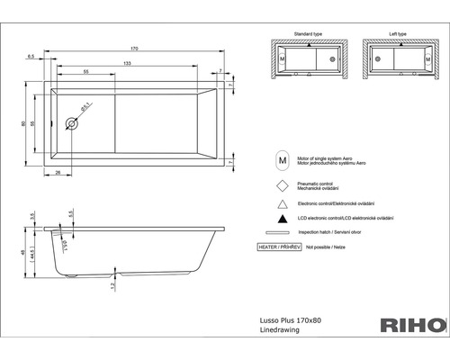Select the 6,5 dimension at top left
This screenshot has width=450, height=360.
(31, 55)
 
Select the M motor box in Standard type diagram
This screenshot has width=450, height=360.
(284, 59)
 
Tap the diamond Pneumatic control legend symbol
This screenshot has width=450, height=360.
(283, 184)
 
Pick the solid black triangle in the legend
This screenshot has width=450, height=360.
(283, 219)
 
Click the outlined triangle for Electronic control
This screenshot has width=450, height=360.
(283, 202)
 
